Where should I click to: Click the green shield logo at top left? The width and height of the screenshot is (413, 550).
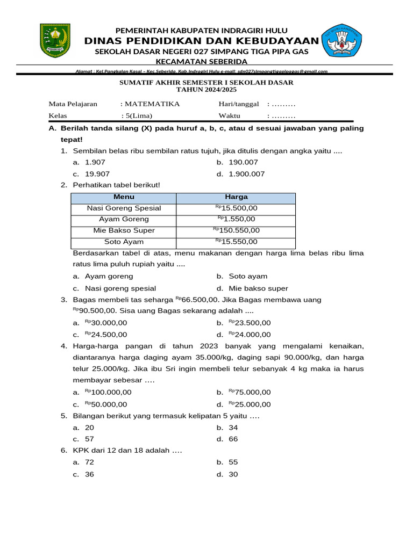[x=55, y=41]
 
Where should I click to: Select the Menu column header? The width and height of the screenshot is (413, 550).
[x=124, y=197]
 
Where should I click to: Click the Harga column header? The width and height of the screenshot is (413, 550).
[x=236, y=197]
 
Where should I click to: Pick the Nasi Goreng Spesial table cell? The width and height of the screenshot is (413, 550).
[x=124, y=208]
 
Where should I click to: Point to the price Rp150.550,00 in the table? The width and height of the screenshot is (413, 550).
[x=236, y=230]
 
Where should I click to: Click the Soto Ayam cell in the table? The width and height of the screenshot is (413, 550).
[x=124, y=242]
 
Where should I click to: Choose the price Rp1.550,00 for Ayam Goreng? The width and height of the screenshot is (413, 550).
[x=236, y=219]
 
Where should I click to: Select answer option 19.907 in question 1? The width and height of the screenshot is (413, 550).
[x=97, y=174]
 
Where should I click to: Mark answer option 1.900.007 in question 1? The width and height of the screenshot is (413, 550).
[x=246, y=174]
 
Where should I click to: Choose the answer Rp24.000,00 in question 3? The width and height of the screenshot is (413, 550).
[x=250, y=334]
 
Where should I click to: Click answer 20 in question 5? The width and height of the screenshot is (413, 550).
[x=89, y=428]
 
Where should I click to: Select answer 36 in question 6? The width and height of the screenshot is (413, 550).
[x=89, y=474]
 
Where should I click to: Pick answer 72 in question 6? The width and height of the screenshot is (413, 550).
[x=89, y=462]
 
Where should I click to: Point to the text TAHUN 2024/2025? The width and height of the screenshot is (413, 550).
[x=206, y=90]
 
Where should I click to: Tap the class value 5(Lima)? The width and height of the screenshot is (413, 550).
[x=138, y=116]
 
